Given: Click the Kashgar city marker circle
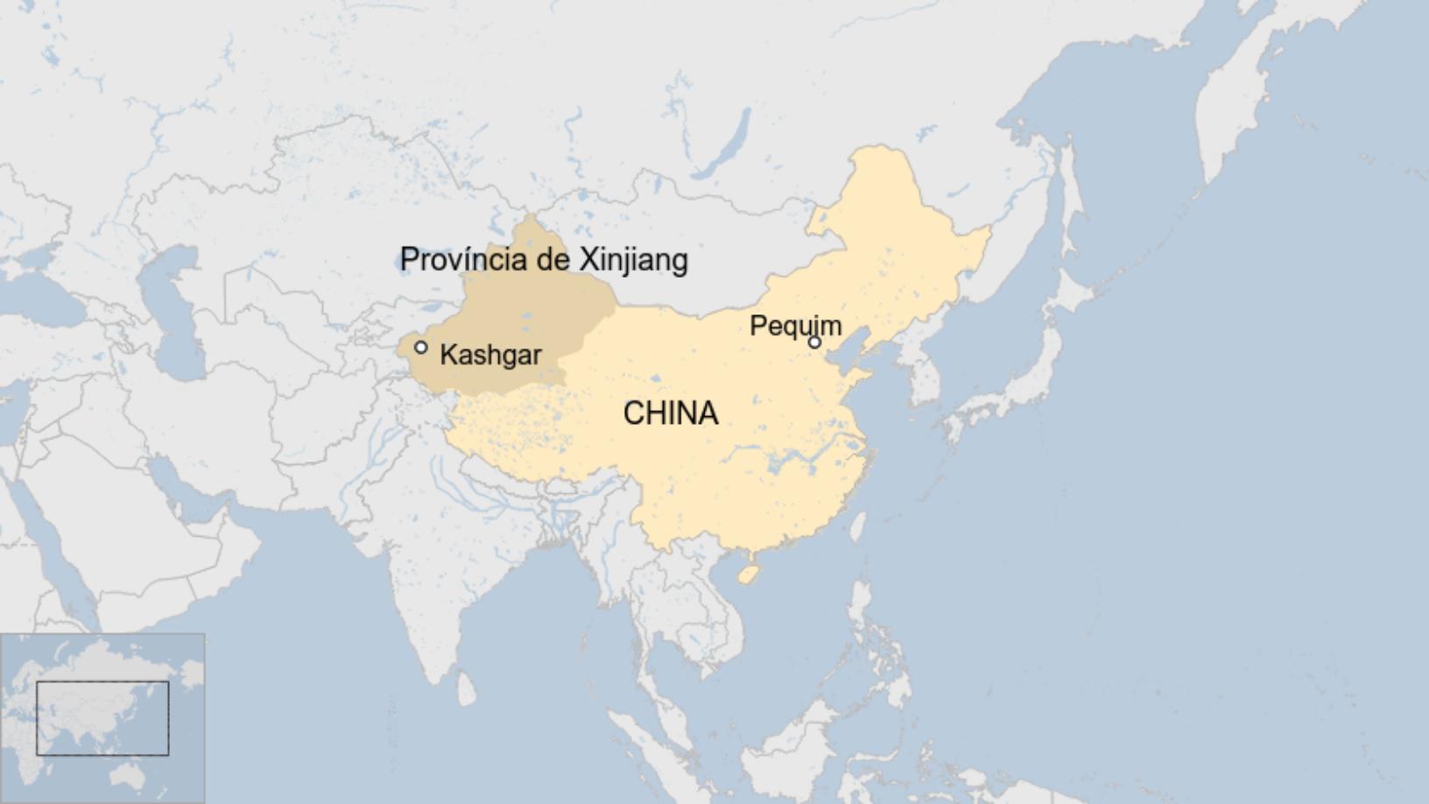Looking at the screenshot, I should click(421, 348).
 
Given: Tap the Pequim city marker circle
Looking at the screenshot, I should click(814, 342).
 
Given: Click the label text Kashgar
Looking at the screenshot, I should click(490, 355).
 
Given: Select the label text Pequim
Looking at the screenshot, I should click(795, 326).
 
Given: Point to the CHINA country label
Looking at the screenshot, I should click(671, 413).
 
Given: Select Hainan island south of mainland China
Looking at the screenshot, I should click(747, 574).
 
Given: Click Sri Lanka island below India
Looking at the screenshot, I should click(467, 689).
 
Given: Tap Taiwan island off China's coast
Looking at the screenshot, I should click(859, 526).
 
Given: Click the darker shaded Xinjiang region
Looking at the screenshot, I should click(525, 324).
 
